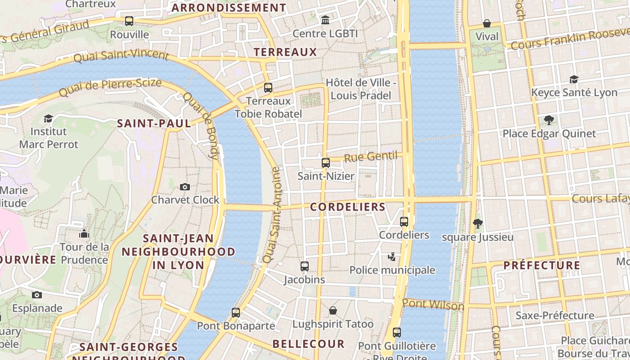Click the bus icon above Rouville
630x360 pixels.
coord(129,21)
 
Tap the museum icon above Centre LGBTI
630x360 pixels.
coord(325,20)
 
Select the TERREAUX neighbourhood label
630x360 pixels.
coord(285,52)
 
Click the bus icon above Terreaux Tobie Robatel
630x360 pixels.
coord(268,88)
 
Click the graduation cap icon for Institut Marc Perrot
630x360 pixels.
coord(48,118)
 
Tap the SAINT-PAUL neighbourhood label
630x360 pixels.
coord(154,123)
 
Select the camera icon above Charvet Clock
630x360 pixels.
coord(185,187)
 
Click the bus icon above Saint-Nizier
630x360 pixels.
coord(326,163)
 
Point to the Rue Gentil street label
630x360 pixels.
coord(371,157)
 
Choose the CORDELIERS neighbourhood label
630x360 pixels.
coord(348,207)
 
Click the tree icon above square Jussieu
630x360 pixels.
coord(478,223)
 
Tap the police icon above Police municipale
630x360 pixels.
coord(392,256)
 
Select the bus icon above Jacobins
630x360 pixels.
coord(305,266)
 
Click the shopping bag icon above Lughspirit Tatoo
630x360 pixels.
coord(333,310)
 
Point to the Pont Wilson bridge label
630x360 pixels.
coord(433,305)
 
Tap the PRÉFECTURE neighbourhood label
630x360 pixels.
coord(542,265)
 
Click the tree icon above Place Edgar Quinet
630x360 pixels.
coord(549,120)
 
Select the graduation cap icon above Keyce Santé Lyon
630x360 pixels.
coord(574,79)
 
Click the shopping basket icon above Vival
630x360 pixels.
coord(487,23)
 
